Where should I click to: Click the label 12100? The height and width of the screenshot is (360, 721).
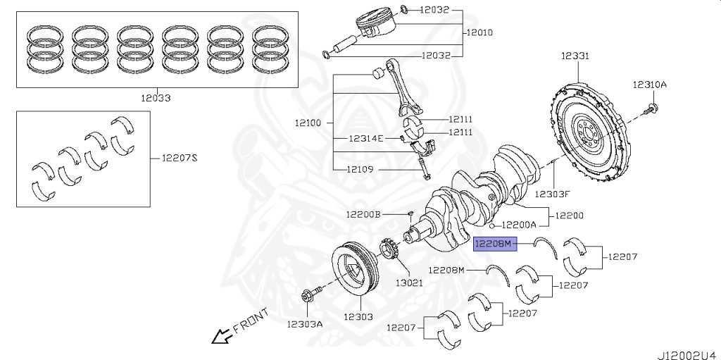[308, 123]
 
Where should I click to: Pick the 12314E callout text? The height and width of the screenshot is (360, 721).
[365, 139]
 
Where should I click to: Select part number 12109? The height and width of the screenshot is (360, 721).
[360, 169]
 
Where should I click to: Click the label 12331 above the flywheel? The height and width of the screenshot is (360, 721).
[575, 56]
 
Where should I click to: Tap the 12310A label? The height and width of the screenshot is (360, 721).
[648, 85]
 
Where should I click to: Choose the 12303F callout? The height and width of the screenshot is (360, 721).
[552, 193]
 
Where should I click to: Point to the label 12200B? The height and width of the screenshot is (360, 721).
[363, 213]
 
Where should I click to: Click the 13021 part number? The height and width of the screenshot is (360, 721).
[408, 283]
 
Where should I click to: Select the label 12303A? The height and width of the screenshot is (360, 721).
[305, 324]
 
